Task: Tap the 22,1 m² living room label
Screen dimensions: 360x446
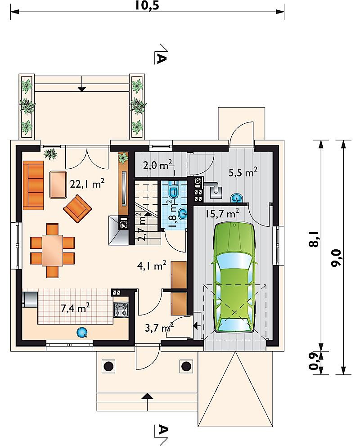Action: (x=87, y=184)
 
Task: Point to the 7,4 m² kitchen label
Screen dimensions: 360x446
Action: (x=75, y=307)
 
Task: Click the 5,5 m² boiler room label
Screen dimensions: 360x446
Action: (x=243, y=172)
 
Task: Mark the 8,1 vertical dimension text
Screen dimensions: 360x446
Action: (x=314, y=239)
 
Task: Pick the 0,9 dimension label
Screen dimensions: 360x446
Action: (x=314, y=362)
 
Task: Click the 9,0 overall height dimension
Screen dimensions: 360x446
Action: (x=336, y=258)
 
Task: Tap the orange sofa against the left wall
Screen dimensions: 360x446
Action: (x=33, y=185)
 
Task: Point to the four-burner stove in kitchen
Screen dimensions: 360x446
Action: (x=121, y=310)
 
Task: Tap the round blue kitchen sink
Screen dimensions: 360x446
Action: (x=82, y=332)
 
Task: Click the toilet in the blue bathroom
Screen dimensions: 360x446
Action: (x=173, y=190)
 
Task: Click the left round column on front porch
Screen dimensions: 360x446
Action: (x=108, y=366)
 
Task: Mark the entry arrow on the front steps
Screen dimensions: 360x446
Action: (x=148, y=396)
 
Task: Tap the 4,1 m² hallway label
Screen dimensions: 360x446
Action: (x=152, y=266)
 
